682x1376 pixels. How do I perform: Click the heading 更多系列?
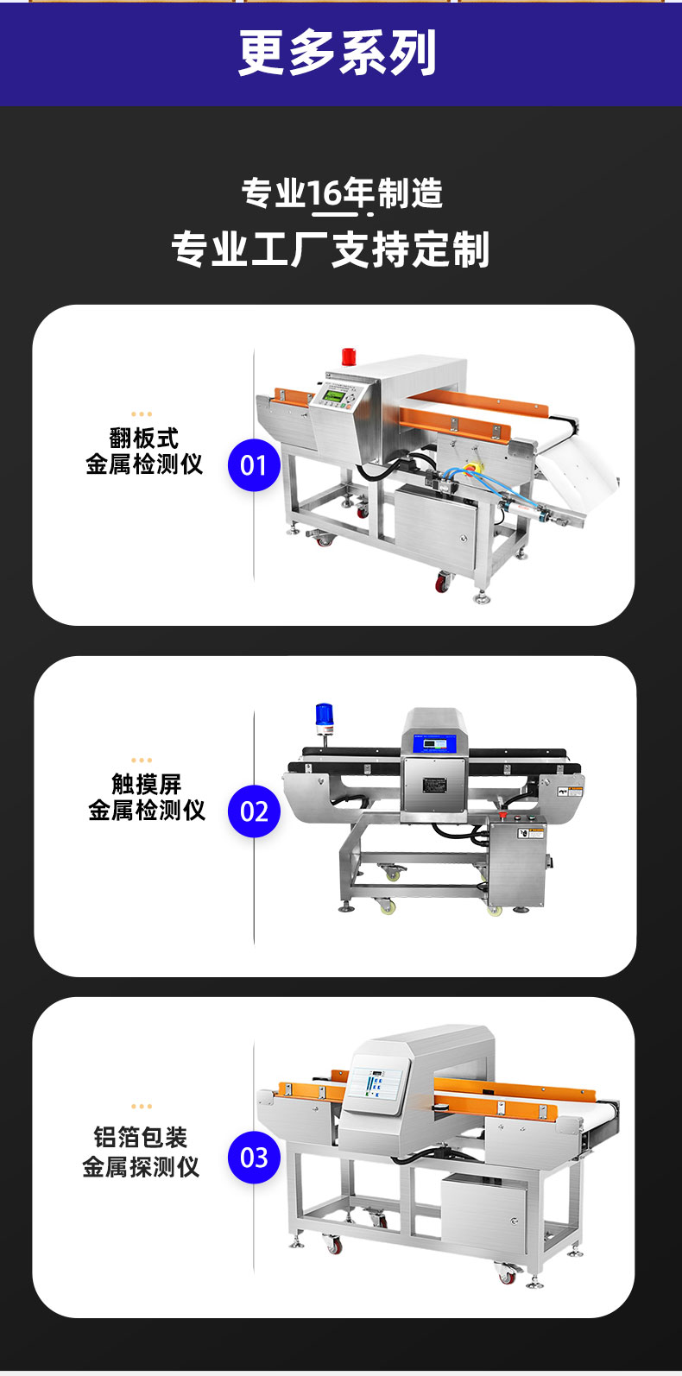[338, 53]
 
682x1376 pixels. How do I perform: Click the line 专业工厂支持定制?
[331, 249]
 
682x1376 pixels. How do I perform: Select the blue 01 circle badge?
[255, 465]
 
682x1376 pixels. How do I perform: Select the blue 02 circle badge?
[255, 811]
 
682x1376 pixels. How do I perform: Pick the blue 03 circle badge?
[255, 1158]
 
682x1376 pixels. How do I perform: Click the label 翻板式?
[144, 439]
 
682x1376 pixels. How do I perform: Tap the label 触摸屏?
[146, 785]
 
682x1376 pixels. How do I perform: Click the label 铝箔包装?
[141, 1137]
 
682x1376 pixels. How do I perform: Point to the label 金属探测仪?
[141, 1166]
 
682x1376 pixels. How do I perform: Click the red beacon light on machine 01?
[350, 356]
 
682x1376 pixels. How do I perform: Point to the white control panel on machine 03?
[376, 1086]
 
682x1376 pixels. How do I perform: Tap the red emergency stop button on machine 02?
[502, 815]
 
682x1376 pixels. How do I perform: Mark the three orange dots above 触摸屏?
[142, 761]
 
